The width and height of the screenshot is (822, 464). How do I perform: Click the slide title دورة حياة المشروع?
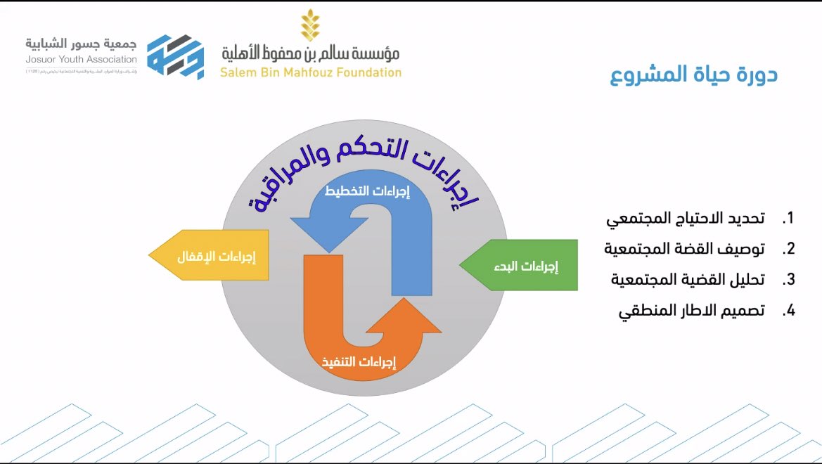click(693, 75)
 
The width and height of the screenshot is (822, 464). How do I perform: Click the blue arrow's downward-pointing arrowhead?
click(328, 232)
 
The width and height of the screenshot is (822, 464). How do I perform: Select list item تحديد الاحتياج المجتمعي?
click(686, 219)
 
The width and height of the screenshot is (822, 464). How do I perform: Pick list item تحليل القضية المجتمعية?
click(687, 279)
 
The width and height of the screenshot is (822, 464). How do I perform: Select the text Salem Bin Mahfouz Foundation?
click(310, 72)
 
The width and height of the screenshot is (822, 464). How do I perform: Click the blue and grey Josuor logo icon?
click(175, 56)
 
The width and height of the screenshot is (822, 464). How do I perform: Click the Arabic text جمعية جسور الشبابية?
click(82, 44)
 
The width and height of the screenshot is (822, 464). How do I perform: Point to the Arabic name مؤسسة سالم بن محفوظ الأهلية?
click(310, 53)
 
